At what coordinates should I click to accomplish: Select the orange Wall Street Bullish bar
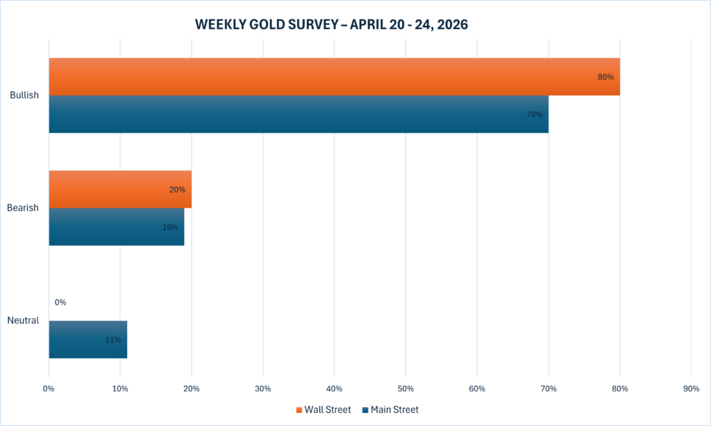point(333,76)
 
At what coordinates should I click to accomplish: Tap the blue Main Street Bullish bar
point(299,114)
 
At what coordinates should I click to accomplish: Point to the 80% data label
point(605,77)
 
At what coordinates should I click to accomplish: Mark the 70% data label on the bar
point(534,115)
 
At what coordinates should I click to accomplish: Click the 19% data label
point(170,227)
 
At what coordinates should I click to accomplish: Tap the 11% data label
point(113,340)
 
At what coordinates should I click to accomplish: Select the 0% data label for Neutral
point(60,302)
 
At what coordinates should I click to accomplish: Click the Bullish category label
point(24,95)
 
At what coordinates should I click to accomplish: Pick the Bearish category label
point(23,208)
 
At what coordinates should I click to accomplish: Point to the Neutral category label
point(23,320)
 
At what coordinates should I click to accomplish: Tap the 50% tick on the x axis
point(405,387)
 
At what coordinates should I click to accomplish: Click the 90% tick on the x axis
point(691,387)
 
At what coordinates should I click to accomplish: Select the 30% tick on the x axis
point(263,387)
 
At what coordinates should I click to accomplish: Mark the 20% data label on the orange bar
point(177,190)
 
